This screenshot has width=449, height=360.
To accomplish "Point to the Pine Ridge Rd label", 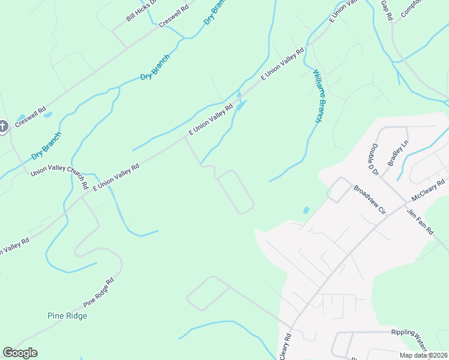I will (x=98, y=292).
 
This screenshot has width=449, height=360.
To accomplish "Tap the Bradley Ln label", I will (x=398, y=153).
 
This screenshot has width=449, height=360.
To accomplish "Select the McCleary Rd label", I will (x=429, y=190).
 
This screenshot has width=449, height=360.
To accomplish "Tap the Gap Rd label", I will (x=386, y=11).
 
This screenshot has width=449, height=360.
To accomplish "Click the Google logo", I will (x=20, y=353).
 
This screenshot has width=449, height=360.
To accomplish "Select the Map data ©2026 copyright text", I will (x=424, y=355).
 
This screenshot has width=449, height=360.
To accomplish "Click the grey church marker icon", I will (x=2, y=127).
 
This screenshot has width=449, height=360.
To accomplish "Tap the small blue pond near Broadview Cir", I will (x=306, y=211).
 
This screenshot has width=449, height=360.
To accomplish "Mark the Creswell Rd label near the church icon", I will (x=31, y=117).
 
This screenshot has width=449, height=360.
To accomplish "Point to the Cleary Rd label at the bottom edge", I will (x=285, y=347).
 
